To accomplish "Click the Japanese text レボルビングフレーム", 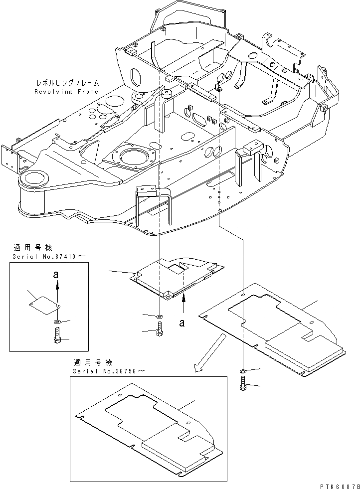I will (67, 83).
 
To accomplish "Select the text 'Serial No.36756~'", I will (110, 371).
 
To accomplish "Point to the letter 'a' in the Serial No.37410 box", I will (57, 274).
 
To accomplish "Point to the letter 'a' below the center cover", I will (182, 323).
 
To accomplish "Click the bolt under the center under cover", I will (159, 329).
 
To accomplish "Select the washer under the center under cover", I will (159, 317).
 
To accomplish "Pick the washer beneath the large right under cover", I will (242, 371).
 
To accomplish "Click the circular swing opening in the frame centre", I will (134, 161).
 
